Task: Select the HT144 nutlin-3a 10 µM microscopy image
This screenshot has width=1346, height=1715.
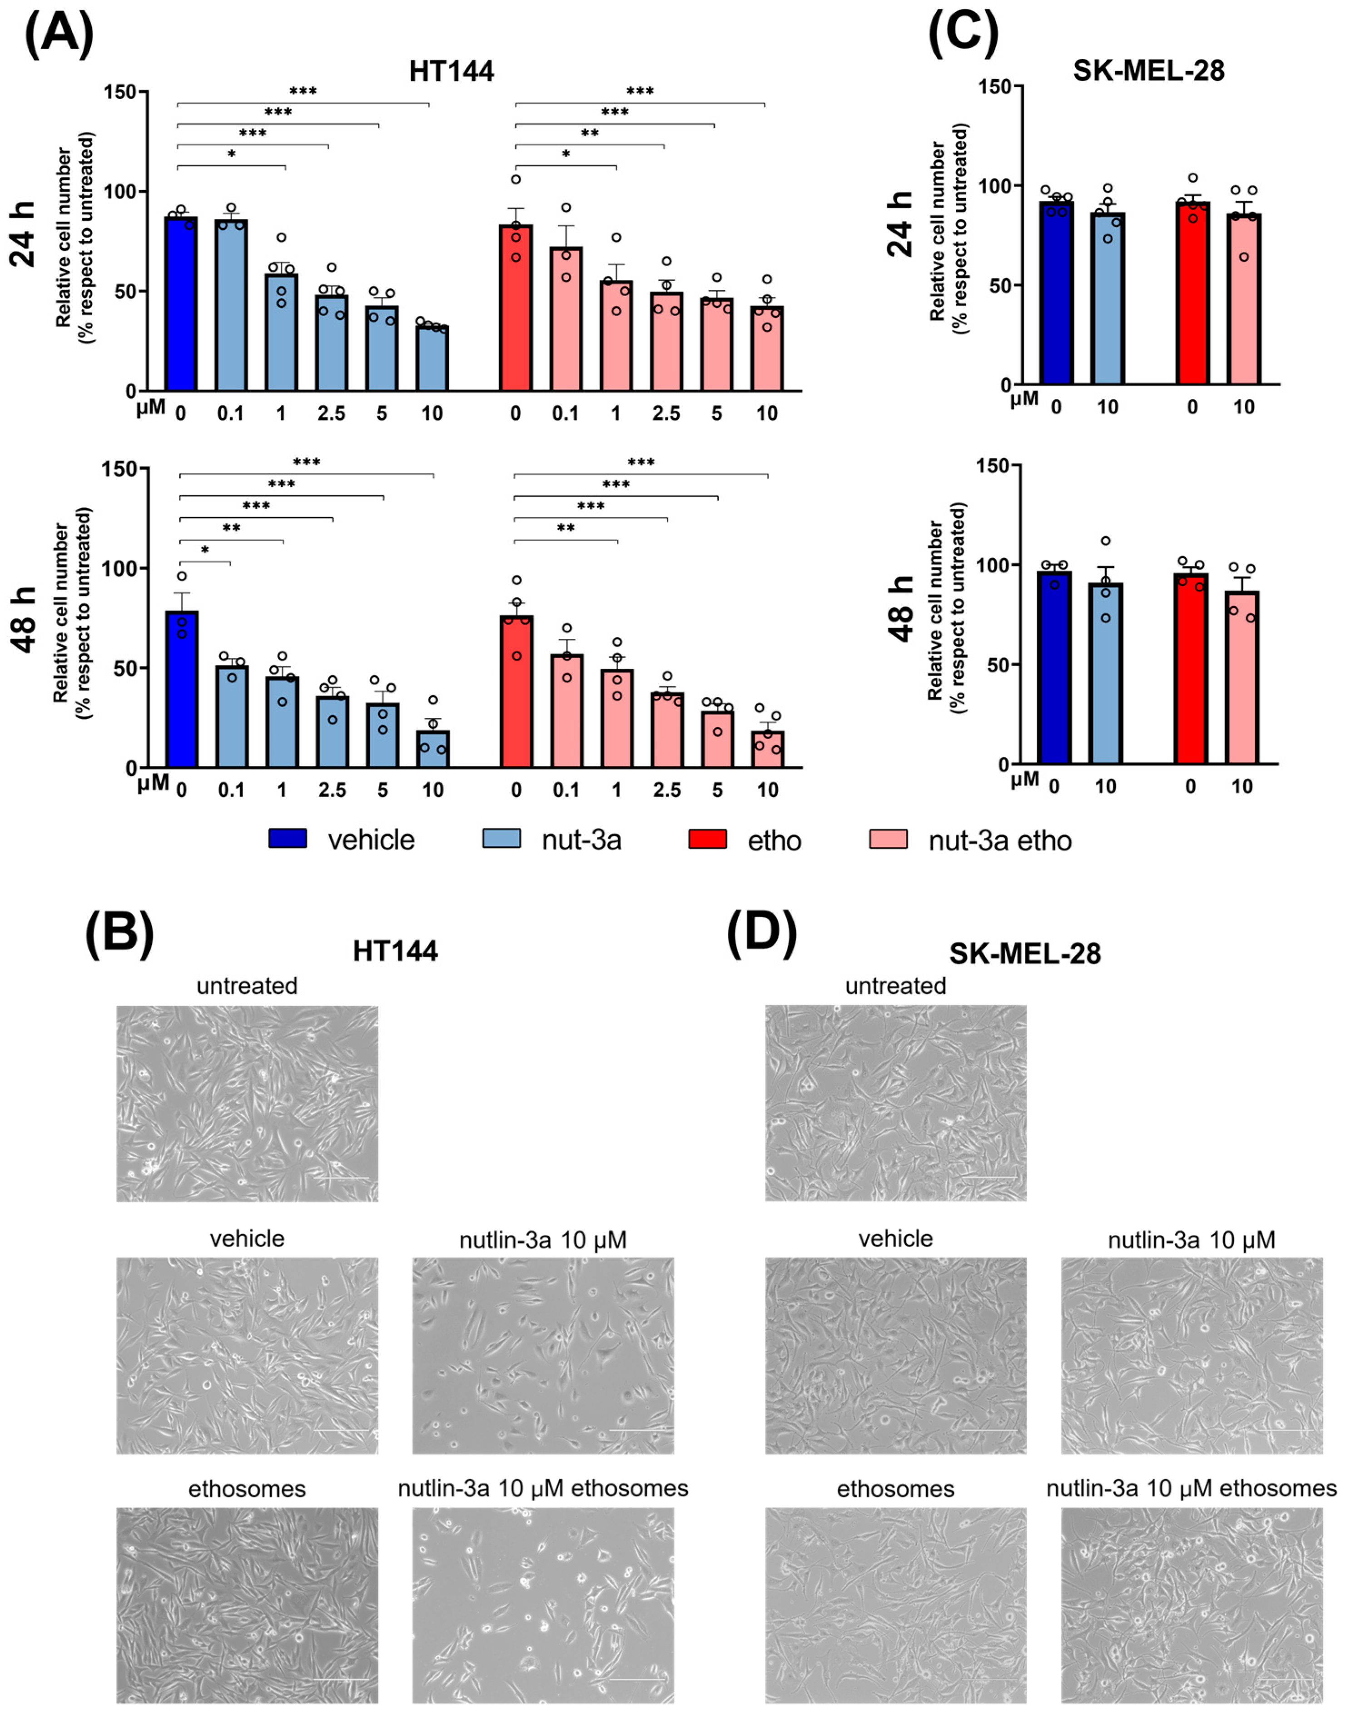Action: [x=543, y=1356]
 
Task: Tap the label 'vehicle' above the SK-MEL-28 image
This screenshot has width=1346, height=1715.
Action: [x=895, y=1238]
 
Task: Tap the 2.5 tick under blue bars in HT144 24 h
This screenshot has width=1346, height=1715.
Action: [x=331, y=413]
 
